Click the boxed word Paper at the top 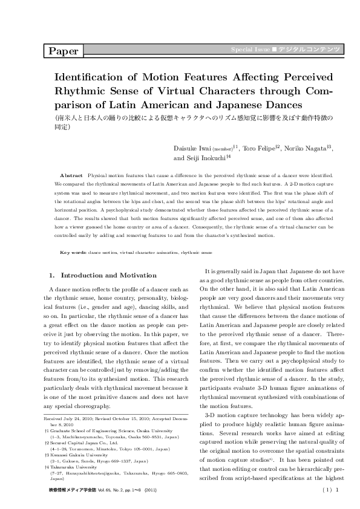click(64, 51)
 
